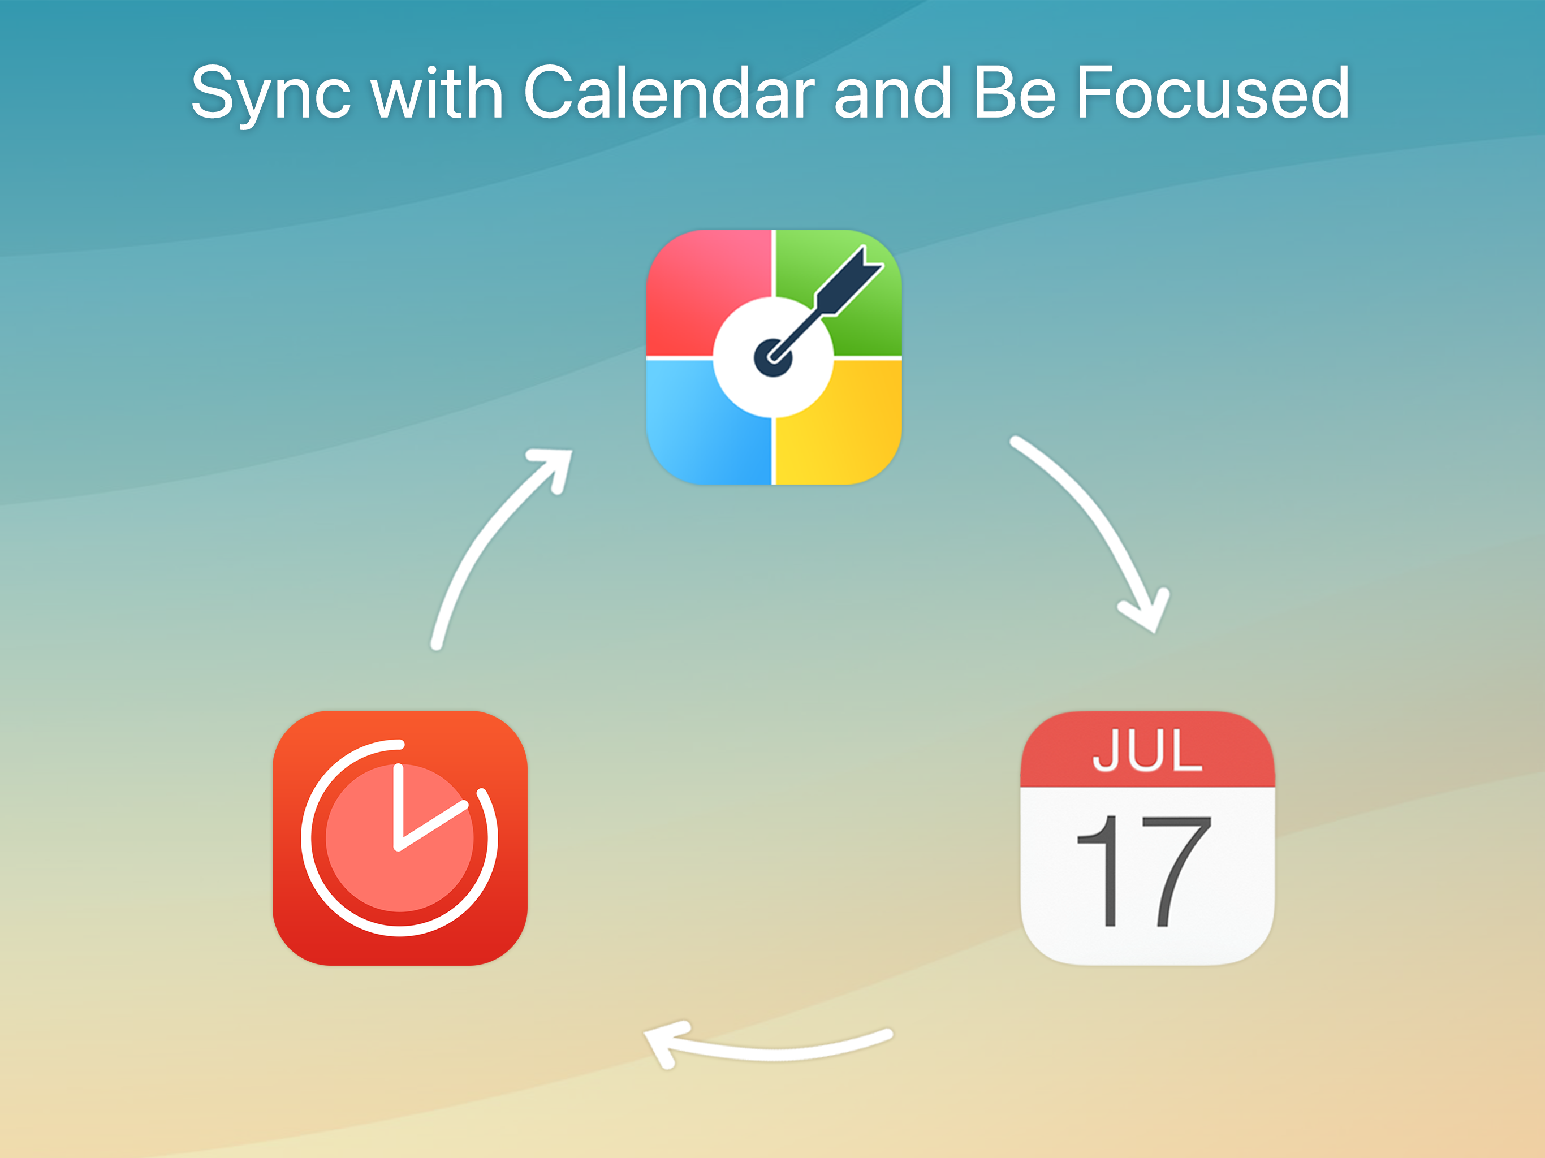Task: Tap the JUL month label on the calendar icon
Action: [1147, 750]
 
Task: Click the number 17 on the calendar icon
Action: [1144, 871]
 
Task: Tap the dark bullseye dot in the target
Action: [773, 357]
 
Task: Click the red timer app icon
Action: [399, 838]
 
